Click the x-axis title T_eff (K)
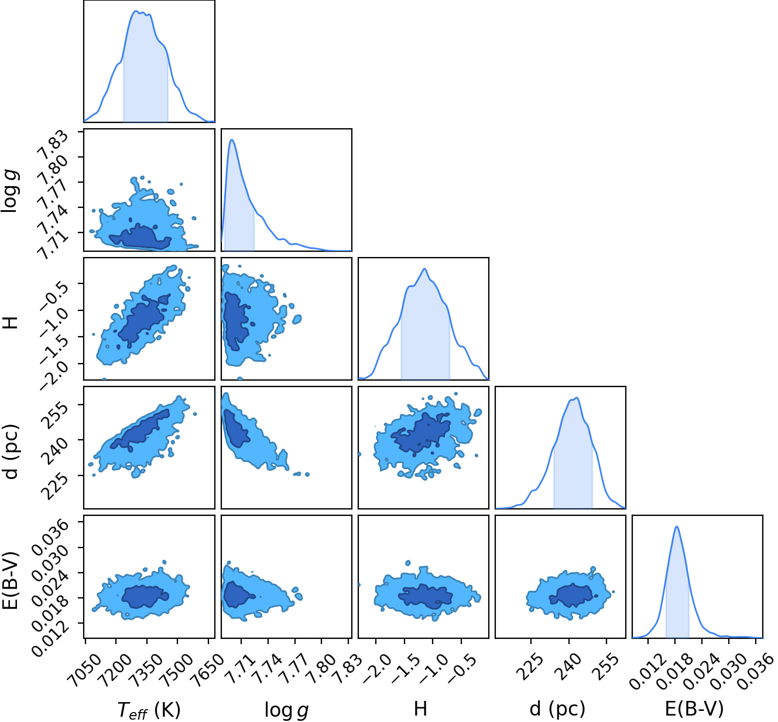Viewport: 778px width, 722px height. pos(149,709)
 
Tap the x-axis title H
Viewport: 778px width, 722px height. pos(420,709)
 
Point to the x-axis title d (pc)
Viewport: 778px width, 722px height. pos(557,709)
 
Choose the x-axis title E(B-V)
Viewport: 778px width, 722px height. pos(694,709)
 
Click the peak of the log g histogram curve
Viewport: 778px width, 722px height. pos(232,139)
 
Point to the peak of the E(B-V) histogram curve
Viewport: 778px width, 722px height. pos(677,526)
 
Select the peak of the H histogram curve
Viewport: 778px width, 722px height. pos(424,269)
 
